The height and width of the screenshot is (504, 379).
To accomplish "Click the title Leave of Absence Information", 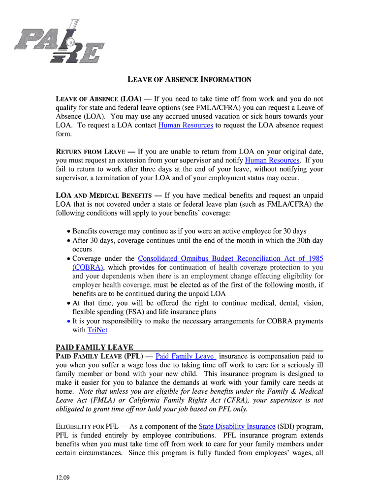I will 189,79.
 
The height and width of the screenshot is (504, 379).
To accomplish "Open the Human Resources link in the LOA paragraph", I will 186,126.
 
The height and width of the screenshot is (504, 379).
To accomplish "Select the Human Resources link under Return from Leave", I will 272,160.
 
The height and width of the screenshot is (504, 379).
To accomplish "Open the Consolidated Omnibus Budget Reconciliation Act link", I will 230,259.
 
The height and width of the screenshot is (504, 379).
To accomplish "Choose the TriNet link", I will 97,330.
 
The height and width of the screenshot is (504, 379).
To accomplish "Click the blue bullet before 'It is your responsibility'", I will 69,321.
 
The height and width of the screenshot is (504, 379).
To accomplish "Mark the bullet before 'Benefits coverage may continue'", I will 69,231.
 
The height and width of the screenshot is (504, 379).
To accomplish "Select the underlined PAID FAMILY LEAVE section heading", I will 95,347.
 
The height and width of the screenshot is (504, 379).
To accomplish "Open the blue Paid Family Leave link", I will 185,356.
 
